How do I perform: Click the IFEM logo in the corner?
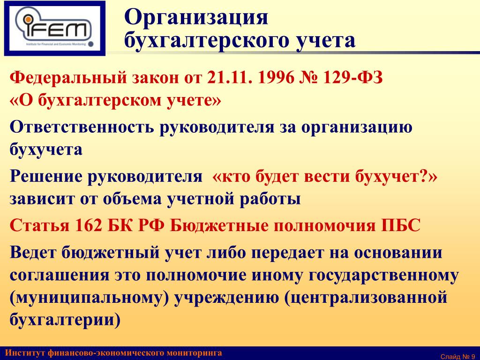(55, 28)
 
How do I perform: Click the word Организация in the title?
(196, 18)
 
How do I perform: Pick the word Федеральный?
(68, 78)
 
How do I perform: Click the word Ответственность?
(81, 127)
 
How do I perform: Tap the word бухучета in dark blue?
(46, 150)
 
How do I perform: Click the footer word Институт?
(25, 353)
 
